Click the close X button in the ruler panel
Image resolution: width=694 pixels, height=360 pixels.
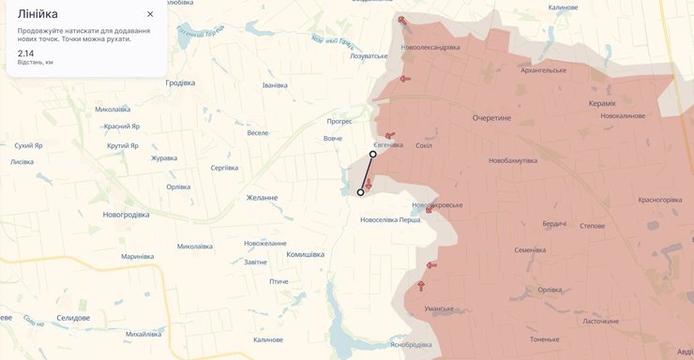pyautogui.click(x=150, y=14)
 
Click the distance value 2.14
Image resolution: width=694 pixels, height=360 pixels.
pyautogui.click(x=25, y=53)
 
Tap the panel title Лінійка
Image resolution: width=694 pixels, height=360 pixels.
pyautogui.click(x=38, y=14)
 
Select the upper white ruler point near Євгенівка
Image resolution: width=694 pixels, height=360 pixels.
pyautogui.click(x=373, y=155)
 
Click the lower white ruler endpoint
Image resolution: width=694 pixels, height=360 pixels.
pyautogui.click(x=360, y=192)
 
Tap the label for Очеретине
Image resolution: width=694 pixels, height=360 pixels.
pyautogui.click(x=491, y=118)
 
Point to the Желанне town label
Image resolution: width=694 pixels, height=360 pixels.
pyautogui.click(x=263, y=198)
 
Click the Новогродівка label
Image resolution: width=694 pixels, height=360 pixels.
pyautogui.click(x=126, y=215)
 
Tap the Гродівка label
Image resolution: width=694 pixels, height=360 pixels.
pyautogui.click(x=180, y=82)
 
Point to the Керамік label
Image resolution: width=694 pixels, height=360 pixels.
pyautogui.click(x=602, y=103)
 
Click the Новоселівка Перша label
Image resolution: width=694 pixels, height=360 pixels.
pyautogui.click(x=391, y=220)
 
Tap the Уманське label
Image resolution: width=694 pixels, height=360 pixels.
pyautogui.click(x=439, y=308)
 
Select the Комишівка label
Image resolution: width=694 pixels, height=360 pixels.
pyautogui.click(x=305, y=254)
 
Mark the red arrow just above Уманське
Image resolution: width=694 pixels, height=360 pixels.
pyautogui.click(x=421, y=285)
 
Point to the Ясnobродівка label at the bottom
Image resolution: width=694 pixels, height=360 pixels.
pyautogui.click(x=416, y=344)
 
